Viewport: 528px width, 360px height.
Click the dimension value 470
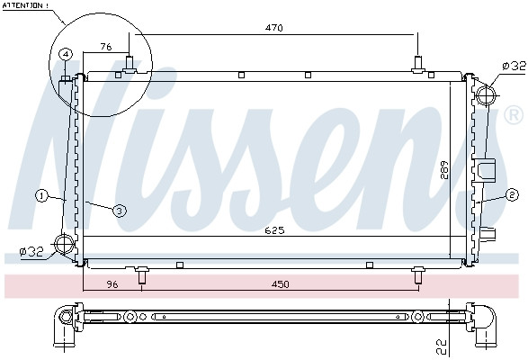pyautogui.click(x=274, y=28)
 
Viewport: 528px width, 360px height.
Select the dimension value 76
pyautogui.click(x=105, y=47)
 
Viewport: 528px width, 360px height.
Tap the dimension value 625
pyautogui.click(x=274, y=230)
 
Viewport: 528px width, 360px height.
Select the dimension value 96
pyautogui.click(x=112, y=286)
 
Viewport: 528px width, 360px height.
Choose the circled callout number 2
pyautogui.click(x=512, y=194)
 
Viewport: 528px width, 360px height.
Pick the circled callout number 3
pyautogui.click(x=118, y=210)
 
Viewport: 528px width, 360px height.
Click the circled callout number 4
pyautogui.click(x=66, y=55)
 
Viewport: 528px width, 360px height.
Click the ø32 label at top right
pyautogui.click(x=513, y=66)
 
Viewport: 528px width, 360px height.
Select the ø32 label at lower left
pyautogui.click(x=31, y=253)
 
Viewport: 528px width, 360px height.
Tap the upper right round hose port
pyautogui.click(x=486, y=94)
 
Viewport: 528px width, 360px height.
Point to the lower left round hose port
pyautogui.click(x=64, y=244)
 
